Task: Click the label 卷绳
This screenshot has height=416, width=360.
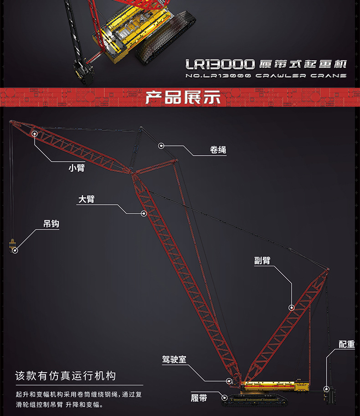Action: click(218, 150)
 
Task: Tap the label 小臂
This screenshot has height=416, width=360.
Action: click(77, 168)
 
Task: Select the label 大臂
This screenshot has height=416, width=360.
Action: click(87, 199)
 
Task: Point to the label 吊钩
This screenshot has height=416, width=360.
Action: click(51, 224)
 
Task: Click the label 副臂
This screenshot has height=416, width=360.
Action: click(262, 260)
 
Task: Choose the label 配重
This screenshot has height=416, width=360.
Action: click(346, 344)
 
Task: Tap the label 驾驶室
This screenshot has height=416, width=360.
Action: click(174, 359)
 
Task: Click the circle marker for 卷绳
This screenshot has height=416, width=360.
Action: click(161, 146)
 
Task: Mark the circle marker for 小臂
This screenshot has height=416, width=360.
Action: click(35, 133)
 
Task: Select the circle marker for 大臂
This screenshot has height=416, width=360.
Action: click(144, 213)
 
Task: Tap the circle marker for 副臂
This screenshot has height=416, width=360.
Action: click(291, 307)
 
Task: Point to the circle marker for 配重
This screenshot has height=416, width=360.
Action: click(326, 389)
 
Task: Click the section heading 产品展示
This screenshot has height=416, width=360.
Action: click(182, 97)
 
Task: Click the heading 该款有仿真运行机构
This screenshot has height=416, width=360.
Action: click(66, 376)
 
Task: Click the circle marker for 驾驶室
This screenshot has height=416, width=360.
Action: click(229, 380)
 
